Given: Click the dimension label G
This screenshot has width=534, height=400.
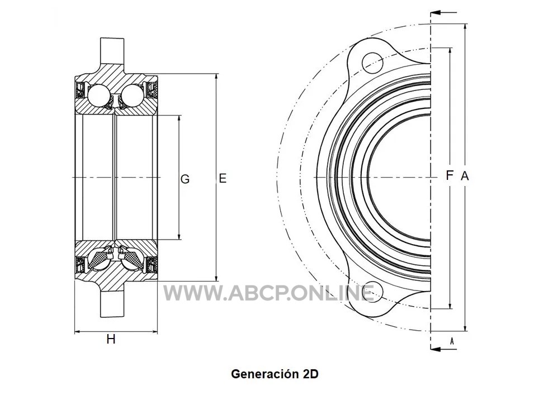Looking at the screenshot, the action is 185,179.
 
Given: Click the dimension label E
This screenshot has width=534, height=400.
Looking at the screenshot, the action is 223,178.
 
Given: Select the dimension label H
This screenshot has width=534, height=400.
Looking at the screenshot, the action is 111,339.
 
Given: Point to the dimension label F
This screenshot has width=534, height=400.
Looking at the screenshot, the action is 450,175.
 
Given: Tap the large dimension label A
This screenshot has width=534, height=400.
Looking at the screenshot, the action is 465,176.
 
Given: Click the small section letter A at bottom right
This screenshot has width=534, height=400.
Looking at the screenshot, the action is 452,341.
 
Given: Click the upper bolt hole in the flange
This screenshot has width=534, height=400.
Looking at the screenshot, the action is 372,63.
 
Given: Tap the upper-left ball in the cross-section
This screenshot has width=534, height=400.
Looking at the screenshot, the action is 99,95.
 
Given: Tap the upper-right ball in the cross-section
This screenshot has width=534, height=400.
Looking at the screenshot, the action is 133,95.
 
